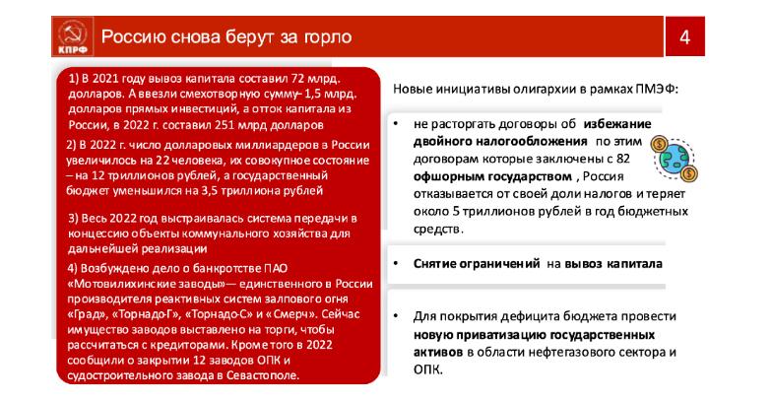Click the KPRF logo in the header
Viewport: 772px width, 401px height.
coord(67,37)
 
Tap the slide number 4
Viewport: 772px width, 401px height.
coord(684,38)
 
